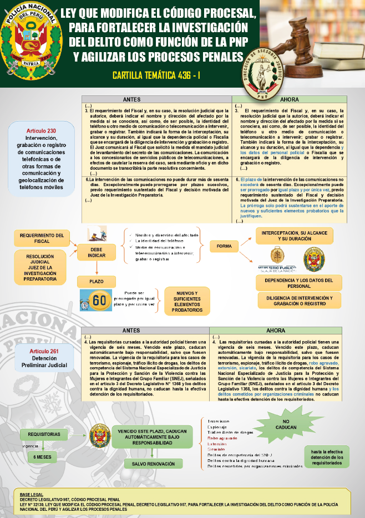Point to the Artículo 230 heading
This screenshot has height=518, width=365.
(x=41, y=130)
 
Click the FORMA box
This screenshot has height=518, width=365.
(x=224, y=246)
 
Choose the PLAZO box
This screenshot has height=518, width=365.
(x=97, y=281)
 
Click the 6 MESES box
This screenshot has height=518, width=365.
(x=42, y=456)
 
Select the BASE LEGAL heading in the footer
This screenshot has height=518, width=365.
(x=31, y=492)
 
